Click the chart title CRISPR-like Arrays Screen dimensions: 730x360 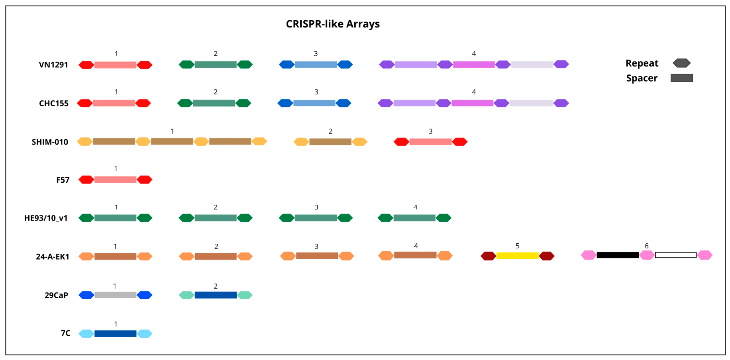(x=333, y=24)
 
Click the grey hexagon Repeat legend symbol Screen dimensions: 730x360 (x=681, y=63)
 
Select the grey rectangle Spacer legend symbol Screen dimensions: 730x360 (x=681, y=78)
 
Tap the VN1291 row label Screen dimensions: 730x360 (x=53, y=65)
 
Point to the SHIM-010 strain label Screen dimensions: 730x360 (x=50, y=142)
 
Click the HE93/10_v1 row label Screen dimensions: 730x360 (x=46, y=218)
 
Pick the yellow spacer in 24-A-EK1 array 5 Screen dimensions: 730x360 (x=517, y=256)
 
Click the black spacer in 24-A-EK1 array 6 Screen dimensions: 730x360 (x=618, y=255)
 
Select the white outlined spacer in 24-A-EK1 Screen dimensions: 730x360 (x=675, y=255)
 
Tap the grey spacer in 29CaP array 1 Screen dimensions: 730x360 (x=115, y=295)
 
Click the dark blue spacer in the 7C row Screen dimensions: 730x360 (x=115, y=333)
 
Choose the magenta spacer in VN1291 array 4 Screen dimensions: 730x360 (x=474, y=65)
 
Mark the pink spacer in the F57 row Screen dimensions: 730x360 (x=115, y=180)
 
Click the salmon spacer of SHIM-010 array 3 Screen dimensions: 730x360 (x=430, y=142)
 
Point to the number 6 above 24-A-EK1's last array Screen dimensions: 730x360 (x=646, y=246)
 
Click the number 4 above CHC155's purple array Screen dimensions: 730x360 (x=474, y=92)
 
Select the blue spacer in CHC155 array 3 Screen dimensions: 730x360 (x=314, y=103)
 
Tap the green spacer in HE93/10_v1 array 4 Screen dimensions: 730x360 (x=414, y=218)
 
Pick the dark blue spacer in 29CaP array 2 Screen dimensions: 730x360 (x=216, y=295)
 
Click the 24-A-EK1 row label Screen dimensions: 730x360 (x=53, y=257)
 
